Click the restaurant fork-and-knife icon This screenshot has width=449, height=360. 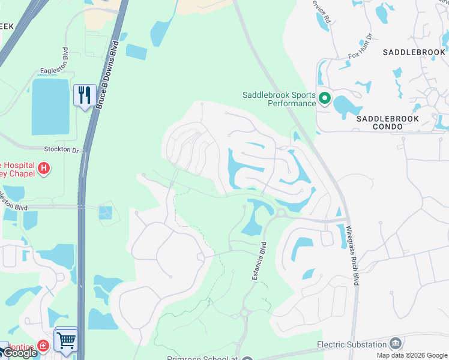coord(85,95)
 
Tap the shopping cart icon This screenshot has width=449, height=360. coord(66,340)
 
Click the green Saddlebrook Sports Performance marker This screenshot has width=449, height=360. coord(325,98)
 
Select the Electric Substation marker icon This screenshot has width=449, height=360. coord(396,344)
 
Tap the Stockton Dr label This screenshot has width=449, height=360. coord(61,149)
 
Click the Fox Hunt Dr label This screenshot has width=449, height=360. coord(361,47)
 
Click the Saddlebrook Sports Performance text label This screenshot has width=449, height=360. coord(279,99)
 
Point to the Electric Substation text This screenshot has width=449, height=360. coord(352,344)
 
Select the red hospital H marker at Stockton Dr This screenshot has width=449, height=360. coord(43,169)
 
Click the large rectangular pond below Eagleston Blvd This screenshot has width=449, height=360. coord(50,107)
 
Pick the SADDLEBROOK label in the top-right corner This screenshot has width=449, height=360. coord(414,53)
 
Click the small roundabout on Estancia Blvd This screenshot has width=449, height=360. coord(245,313)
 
